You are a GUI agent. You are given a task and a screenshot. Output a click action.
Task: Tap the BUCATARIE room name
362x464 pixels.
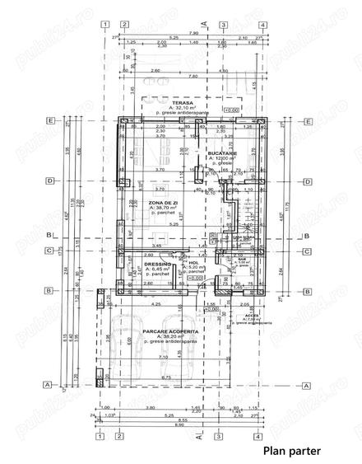pos(223,154)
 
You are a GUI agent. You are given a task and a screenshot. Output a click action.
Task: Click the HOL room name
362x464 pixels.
pos(194,262)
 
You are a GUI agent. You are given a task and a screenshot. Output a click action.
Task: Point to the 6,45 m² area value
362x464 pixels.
pos(160,269)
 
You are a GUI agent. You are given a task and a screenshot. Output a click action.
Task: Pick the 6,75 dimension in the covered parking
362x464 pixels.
pos(168,377)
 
